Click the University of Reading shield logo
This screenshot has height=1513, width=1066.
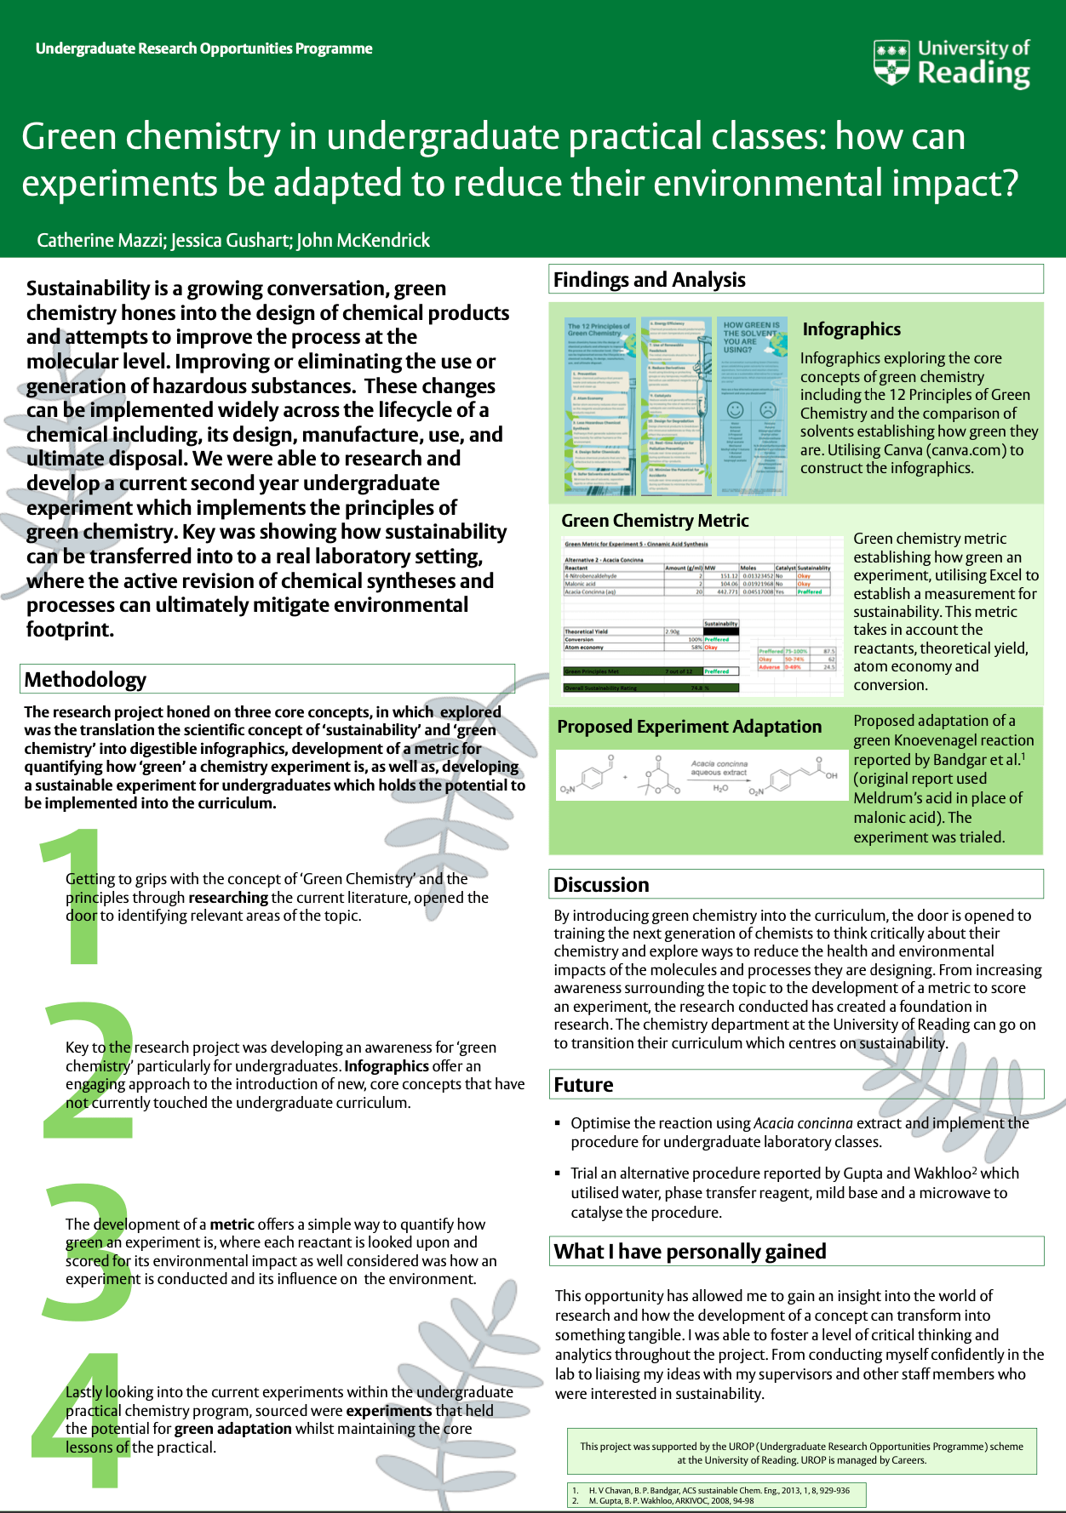click(891, 63)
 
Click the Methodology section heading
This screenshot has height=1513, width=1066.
click(85, 680)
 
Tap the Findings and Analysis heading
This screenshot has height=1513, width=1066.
click(649, 280)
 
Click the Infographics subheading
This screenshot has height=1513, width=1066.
click(851, 329)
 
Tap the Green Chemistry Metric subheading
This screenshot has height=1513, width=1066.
click(655, 521)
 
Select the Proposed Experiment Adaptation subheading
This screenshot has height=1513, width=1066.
click(689, 727)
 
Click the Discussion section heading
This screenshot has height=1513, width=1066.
click(601, 885)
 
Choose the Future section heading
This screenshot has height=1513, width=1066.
click(583, 1085)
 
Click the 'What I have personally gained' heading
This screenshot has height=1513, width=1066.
click(690, 1252)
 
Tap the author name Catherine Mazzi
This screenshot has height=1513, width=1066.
click(100, 241)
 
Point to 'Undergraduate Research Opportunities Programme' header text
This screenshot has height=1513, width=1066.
click(203, 49)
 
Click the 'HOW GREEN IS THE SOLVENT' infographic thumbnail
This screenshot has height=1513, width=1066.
click(752, 407)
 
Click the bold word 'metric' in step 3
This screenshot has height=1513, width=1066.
click(232, 1225)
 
